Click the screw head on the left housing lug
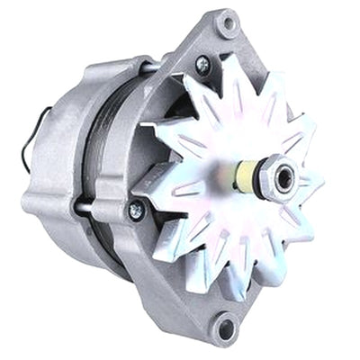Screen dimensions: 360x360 pos(137,210)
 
